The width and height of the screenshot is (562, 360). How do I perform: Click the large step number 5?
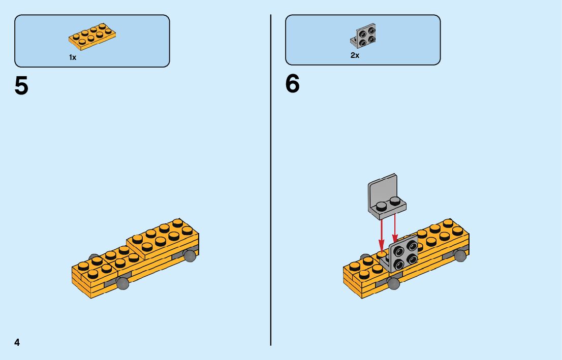pos(21,86)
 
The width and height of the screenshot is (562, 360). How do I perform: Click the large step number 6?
pos(293,84)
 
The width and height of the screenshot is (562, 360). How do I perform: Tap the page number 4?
pos(17,342)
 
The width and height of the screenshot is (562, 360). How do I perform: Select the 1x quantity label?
pos(73,58)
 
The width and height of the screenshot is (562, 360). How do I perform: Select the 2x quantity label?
pos(355,55)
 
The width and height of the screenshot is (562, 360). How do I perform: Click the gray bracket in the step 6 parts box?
pos(364,34)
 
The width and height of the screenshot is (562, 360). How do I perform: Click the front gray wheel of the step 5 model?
pos(122,283)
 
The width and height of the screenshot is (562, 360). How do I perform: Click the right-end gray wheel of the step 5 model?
pos(190,255)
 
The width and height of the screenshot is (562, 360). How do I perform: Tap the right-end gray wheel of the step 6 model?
pos(460,255)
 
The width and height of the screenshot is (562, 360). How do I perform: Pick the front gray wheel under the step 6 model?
pos(393,283)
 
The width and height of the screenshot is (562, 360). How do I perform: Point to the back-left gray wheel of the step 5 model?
pos(93,257)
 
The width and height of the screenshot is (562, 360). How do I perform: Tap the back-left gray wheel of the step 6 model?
pos(365,257)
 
